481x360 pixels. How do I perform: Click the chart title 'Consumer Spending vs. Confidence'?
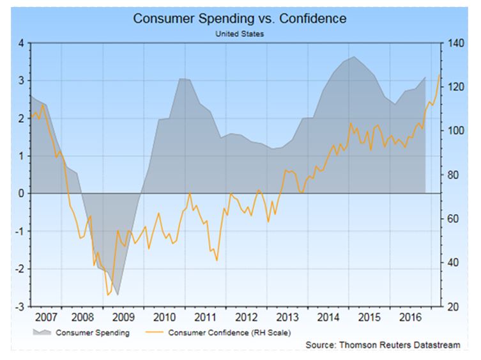240,19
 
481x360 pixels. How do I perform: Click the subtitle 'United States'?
240,33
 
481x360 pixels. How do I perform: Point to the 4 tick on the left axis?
20,43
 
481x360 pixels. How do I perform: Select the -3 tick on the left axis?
19,306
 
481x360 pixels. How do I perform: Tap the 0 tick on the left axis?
20,193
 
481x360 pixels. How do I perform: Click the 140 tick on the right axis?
454,43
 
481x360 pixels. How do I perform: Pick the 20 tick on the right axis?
452,306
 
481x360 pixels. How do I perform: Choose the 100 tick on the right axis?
454,131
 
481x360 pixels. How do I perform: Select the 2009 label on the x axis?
123,317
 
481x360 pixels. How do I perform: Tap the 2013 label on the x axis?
287,317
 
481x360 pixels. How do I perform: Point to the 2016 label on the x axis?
409,317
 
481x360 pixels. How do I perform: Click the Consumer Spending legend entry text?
92,333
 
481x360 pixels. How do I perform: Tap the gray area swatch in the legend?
42,332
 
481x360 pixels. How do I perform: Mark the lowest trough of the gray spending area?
118,295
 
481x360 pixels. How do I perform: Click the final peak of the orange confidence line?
439,74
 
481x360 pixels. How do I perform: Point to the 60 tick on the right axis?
452,219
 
